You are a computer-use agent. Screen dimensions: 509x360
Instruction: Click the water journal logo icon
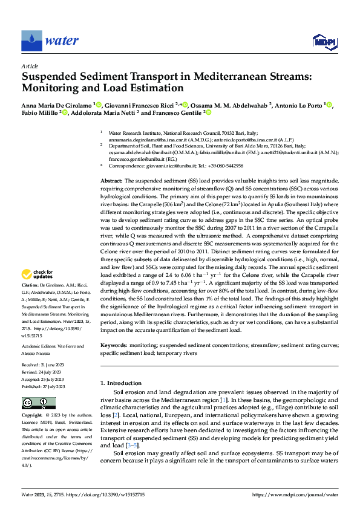[31, 41]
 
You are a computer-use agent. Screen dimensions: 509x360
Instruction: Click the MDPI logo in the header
[324, 41]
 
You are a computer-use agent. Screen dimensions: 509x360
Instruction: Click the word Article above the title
[29, 66]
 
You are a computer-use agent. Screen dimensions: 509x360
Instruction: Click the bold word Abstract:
[111, 181]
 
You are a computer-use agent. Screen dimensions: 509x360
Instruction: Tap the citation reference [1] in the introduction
[224, 401]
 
